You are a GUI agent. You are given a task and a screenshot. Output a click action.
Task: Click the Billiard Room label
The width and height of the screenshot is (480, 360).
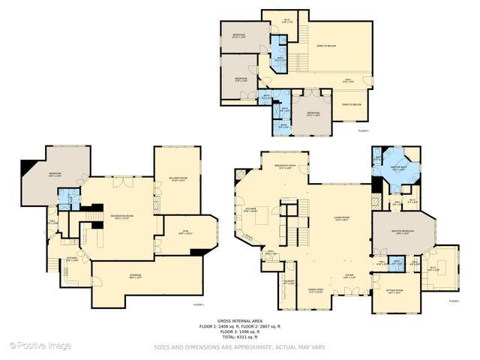point(177,178)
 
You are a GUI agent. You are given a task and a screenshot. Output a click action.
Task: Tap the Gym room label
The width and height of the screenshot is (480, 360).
point(185,232)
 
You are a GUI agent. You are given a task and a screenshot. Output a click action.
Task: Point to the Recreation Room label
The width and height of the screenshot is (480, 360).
point(122,216)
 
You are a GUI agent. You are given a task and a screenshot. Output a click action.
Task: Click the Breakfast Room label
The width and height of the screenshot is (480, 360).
point(285,166)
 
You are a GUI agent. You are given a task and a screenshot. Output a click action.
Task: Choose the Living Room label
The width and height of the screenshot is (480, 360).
point(342,219)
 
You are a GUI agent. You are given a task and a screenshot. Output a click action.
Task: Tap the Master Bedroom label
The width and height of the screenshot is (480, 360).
point(403,232)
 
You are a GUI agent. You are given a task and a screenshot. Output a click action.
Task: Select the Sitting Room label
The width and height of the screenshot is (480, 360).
point(395,291)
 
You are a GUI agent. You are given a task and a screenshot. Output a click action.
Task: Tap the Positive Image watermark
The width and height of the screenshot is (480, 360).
point(40,346)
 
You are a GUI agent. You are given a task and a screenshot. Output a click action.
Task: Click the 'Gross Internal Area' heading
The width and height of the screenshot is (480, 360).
point(239,319)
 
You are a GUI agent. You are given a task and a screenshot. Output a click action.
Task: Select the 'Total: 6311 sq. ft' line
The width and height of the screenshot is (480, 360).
point(239,337)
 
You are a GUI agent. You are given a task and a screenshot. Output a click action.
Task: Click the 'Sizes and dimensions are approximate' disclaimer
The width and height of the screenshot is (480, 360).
point(239,347)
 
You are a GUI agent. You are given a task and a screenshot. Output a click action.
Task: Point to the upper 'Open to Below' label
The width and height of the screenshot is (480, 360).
point(326,46)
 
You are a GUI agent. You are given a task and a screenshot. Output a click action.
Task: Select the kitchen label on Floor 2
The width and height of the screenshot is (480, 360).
point(252,211)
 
